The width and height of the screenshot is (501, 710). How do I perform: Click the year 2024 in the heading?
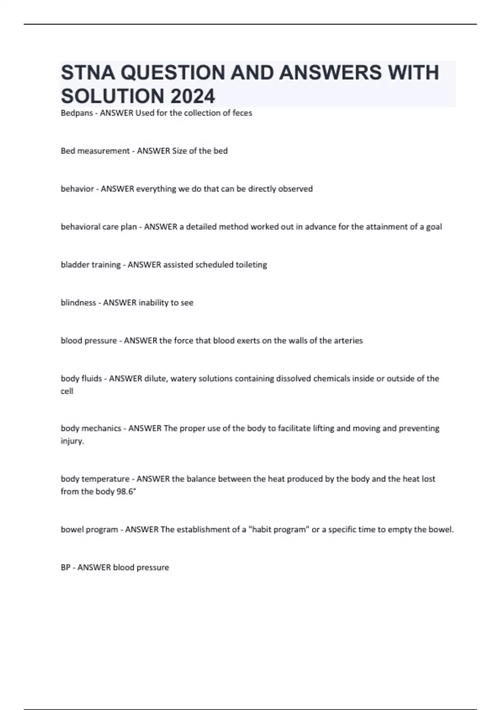[192, 96]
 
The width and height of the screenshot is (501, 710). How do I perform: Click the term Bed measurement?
[95, 151]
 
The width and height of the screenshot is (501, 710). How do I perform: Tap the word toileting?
[251, 265]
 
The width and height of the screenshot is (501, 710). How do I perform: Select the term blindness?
[78, 303]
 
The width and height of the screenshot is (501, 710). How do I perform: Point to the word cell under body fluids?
[67, 391]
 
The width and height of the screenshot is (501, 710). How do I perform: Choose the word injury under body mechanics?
[72, 441]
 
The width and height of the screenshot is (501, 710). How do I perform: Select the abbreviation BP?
[66, 568]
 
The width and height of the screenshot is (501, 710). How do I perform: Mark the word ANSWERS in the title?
[330, 73]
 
